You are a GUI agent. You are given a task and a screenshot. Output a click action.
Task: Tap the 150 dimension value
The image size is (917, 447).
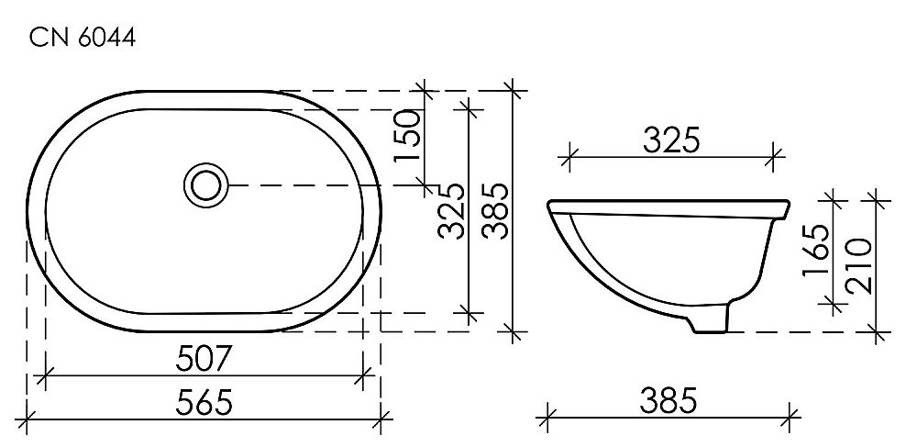coord(407,136)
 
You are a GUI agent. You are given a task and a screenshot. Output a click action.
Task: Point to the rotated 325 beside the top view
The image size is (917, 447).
coord(449,211)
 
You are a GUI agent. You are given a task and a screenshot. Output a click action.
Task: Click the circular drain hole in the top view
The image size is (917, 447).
coord(206,184)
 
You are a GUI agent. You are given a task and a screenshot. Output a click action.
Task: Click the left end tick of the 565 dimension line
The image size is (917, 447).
coord(28,422)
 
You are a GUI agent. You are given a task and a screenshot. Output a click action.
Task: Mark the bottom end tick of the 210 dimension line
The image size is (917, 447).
coord(878,330)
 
